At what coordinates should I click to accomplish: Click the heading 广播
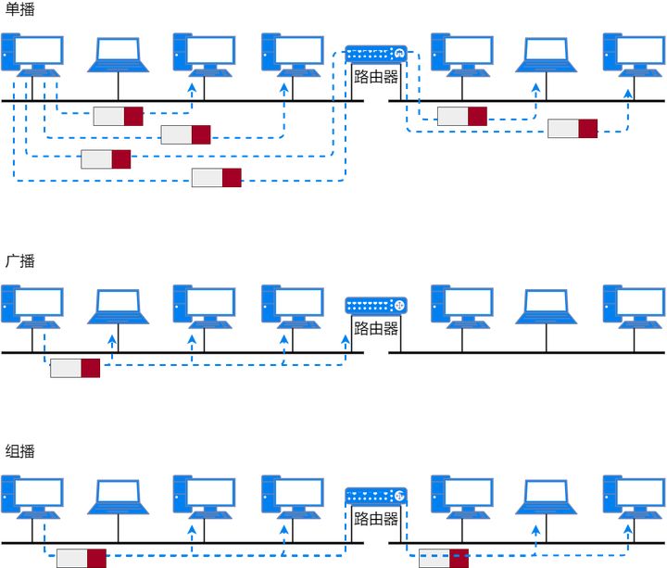click(x=19, y=261)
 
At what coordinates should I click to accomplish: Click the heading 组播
click(x=19, y=452)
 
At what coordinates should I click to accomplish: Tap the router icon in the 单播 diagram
click(x=376, y=54)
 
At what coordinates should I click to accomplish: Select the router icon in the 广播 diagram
click(x=376, y=305)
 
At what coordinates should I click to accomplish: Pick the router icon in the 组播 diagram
click(x=376, y=496)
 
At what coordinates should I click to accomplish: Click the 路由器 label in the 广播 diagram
click(x=376, y=329)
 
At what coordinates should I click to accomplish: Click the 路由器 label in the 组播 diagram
click(x=376, y=519)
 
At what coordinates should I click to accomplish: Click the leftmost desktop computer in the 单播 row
click(x=32, y=55)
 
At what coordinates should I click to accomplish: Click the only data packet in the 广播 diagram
click(x=75, y=368)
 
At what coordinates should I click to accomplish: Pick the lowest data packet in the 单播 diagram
click(x=217, y=178)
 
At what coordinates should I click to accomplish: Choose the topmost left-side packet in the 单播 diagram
click(x=119, y=116)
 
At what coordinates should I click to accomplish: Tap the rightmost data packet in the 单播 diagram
click(x=573, y=128)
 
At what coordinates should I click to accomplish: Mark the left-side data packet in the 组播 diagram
click(x=82, y=558)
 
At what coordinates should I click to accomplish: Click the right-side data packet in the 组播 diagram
click(x=444, y=558)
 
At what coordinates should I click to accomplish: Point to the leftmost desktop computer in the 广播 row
click(x=32, y=307)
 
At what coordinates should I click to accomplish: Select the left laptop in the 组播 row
click(x=119, y=497)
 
